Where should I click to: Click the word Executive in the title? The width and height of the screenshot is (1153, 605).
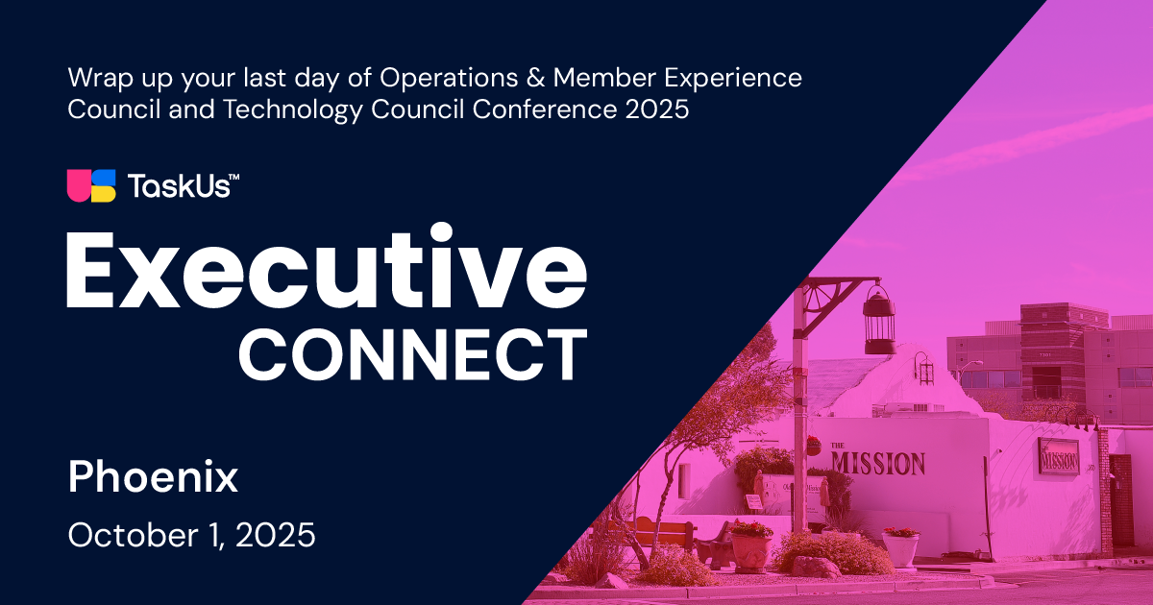pyautogui.click(x=327, y=265)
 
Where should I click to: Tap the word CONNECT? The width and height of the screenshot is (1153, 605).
pyautogui.click(x=412, y=354)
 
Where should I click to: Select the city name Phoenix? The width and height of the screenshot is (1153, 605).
pyautogui.click(x=153, y=477)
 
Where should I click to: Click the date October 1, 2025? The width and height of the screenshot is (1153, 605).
pyautogui.click(x=191, y=535)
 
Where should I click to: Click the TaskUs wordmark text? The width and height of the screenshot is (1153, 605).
pyautogui.click(x=184, y=185)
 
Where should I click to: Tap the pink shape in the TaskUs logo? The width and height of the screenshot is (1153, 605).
pyautogui.click(x=79, y=185)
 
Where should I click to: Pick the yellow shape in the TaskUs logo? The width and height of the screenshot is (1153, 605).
pyautogui.click(x=104, y=194)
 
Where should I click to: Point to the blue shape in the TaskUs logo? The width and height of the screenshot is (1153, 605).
pyautogui.click(x=104, y=178)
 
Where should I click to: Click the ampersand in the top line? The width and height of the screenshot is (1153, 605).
pyautogui.click(x=535, y=78)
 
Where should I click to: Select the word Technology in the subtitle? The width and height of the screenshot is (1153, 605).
pyautogui.click(x=292, y=109)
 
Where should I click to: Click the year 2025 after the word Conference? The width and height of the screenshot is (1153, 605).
pyautogui.click(x=657, y=109)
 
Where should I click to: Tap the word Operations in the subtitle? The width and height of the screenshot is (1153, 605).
pyautogui.click(x=449, y=78)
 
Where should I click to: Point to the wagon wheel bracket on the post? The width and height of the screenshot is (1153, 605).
pyautogui.click(x=818, y=300)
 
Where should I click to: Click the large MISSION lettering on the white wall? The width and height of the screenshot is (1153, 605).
pyautogui.click(x=877, y=463)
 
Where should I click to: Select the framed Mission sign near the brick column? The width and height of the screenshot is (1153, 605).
pyautogui.click(x=1058, y=456)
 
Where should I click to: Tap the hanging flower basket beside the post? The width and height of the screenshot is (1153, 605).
pyautogui.click(x=813, y=446)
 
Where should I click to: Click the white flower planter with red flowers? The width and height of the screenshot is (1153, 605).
pyautogui.click(x=901, y=547)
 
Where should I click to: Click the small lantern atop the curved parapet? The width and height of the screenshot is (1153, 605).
pyautogui.click(x=925, y=370)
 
